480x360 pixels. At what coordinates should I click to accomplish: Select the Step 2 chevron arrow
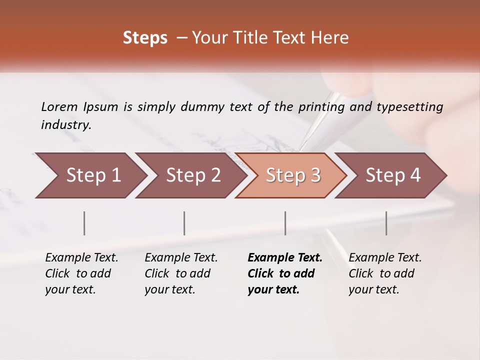pos(193,175)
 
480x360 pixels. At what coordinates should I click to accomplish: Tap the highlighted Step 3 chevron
pos(293,175)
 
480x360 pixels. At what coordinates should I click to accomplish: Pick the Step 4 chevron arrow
pos(393,175)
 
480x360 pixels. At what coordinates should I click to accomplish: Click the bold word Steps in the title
pos(145,38)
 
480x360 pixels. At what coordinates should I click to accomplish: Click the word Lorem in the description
pos(59,106)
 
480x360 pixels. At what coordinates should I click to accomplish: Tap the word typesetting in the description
pos(409,107)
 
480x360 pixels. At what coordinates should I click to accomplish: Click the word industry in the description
pos(66,125)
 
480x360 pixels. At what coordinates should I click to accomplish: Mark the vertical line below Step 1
pos(84,223)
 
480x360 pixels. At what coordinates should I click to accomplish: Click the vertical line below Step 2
pos(184,223)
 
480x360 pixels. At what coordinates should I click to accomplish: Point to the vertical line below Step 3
pos(285,223)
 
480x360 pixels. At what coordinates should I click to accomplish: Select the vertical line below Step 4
pos(386,223)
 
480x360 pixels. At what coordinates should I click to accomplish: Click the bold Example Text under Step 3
pos(285,258)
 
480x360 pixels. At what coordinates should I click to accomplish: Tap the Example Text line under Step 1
pos(81,258)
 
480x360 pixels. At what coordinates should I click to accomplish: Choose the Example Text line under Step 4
pos(385,258)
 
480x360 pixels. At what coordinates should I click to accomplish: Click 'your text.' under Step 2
pos(169,289)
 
